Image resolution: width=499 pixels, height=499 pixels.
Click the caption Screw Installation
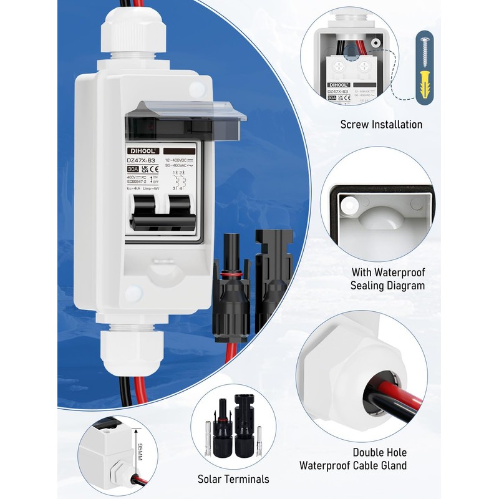click(381, 124)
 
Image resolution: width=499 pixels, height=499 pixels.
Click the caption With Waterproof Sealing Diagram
click(387, 279)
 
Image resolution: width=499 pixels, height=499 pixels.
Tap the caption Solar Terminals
click(233, 479)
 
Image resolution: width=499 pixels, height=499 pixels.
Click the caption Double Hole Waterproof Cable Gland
click(353, 458)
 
